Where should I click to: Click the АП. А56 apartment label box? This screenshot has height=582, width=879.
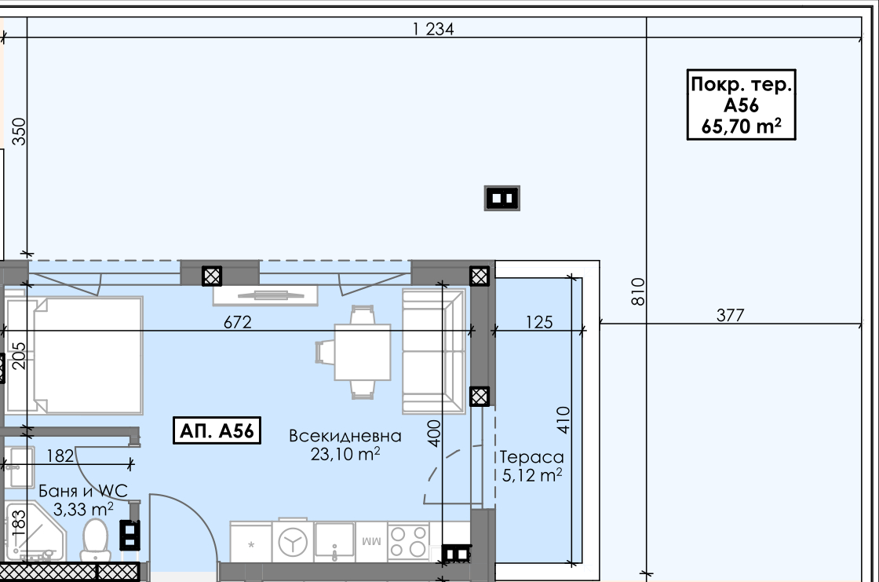click(x=217, y=430)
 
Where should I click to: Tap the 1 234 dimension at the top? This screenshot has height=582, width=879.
click(x=432, y=28)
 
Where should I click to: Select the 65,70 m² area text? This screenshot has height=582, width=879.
click(x=741, y=126)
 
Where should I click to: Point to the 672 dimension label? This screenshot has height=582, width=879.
click(x=238, y=322)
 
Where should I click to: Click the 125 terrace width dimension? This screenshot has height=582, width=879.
click(x=539, y=322)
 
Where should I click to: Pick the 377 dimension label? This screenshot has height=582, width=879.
click(x=731, y=316)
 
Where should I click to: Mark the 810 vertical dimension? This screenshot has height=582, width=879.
click(x=638, y=291)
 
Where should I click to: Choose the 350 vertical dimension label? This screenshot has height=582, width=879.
click(x=19, y=131)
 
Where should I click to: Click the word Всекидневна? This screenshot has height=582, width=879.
click(x=345, y=436)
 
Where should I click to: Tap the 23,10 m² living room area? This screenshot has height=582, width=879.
click(x=345, y=453)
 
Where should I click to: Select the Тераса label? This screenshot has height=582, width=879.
click(x=531, y=457)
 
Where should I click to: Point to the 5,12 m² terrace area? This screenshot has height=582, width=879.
click(x=532, y=475)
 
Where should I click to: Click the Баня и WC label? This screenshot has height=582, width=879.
click(x=83, y=491)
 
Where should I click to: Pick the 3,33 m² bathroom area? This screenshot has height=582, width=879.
click(x=83, y=509)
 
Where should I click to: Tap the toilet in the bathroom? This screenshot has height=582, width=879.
click(x=95, y=540)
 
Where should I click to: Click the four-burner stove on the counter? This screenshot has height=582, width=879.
click(x=408, y=542)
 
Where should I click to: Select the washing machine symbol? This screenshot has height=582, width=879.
click(x=294, y=542)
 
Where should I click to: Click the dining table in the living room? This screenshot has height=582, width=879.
click(x=362, y=353)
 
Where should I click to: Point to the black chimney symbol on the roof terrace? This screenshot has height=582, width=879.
click(x=502, y=198)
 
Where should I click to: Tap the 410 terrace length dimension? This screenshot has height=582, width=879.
click(x=564, y=419)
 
